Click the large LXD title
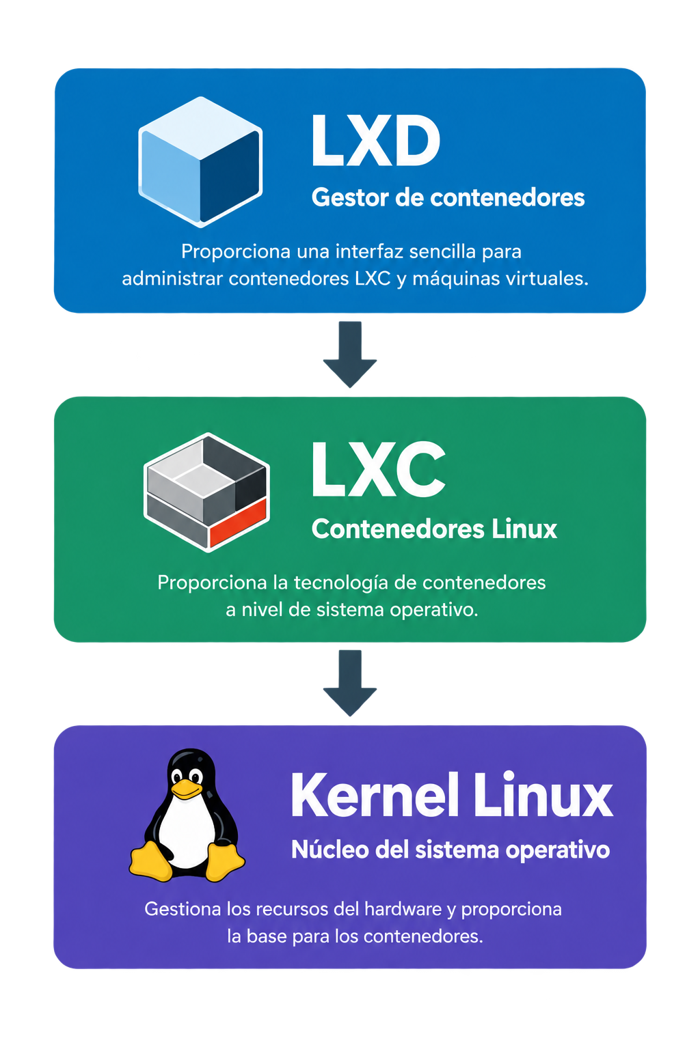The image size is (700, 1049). pyautogui.click(x=375, y=141)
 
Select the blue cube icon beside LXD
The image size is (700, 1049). pyautogui.click(x=200, y=162)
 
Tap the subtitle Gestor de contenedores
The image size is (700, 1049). pyautogui.click(x=448, y=197)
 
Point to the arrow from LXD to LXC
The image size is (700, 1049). pyautogui.click(x=350, y=354)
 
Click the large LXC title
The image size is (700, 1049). pyautogui.click(x=378, y=468)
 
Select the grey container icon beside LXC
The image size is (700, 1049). pyautogui.click(x=206, y=492)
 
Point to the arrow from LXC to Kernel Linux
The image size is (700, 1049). pyautogui.click(x=350, y=683)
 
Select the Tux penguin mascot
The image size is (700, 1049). pyautogui.click(x=187, y=815)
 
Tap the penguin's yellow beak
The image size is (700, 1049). pyautogui.click(x=187, y=789)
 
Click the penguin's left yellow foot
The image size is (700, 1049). pyautogui.click(x=150, y=861)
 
